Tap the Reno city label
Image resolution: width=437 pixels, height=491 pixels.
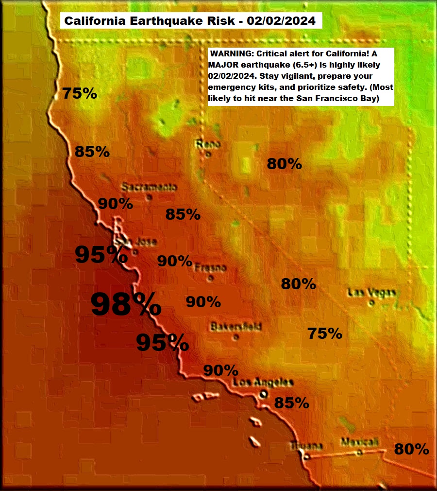coord(208,144)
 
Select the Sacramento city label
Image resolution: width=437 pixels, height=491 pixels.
coord(149,187)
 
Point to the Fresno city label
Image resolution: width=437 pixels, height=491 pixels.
coord(210,268)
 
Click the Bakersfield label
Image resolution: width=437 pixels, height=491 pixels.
coord(236,326)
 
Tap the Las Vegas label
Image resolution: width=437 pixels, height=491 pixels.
coord(372,293)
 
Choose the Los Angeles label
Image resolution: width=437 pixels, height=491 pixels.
coord(263,383)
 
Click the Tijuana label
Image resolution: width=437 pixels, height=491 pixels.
coord(306,446)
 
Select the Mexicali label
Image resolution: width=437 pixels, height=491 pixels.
coord(359,442)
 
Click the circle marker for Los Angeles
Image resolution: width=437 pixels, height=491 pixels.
coord(263,394)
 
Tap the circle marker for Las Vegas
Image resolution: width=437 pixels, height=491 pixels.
coord(371,303)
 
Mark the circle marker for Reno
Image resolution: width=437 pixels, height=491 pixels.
coord(208,155)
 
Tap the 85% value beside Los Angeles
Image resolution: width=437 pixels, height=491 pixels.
coord(292,403)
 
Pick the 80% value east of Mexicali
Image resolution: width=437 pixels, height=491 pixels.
coord(411,449)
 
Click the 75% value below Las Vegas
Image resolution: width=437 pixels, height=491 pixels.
coord(325,333)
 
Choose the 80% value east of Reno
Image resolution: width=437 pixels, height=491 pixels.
coord(285,164)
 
